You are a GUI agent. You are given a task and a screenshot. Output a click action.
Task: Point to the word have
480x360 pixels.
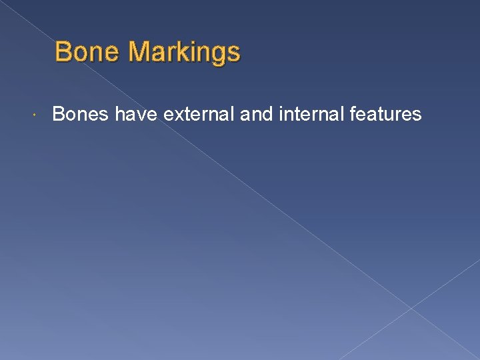[136, 115]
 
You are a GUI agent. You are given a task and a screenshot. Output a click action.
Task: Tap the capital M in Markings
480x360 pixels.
[141, 51]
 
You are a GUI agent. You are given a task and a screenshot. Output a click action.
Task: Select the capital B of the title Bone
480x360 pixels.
[64, 51]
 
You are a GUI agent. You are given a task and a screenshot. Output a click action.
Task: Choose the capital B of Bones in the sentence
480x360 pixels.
[58, 115]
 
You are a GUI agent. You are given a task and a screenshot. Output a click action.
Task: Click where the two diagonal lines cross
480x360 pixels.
[411, 308]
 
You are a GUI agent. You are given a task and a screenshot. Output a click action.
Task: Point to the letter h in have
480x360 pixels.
[120, 115]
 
